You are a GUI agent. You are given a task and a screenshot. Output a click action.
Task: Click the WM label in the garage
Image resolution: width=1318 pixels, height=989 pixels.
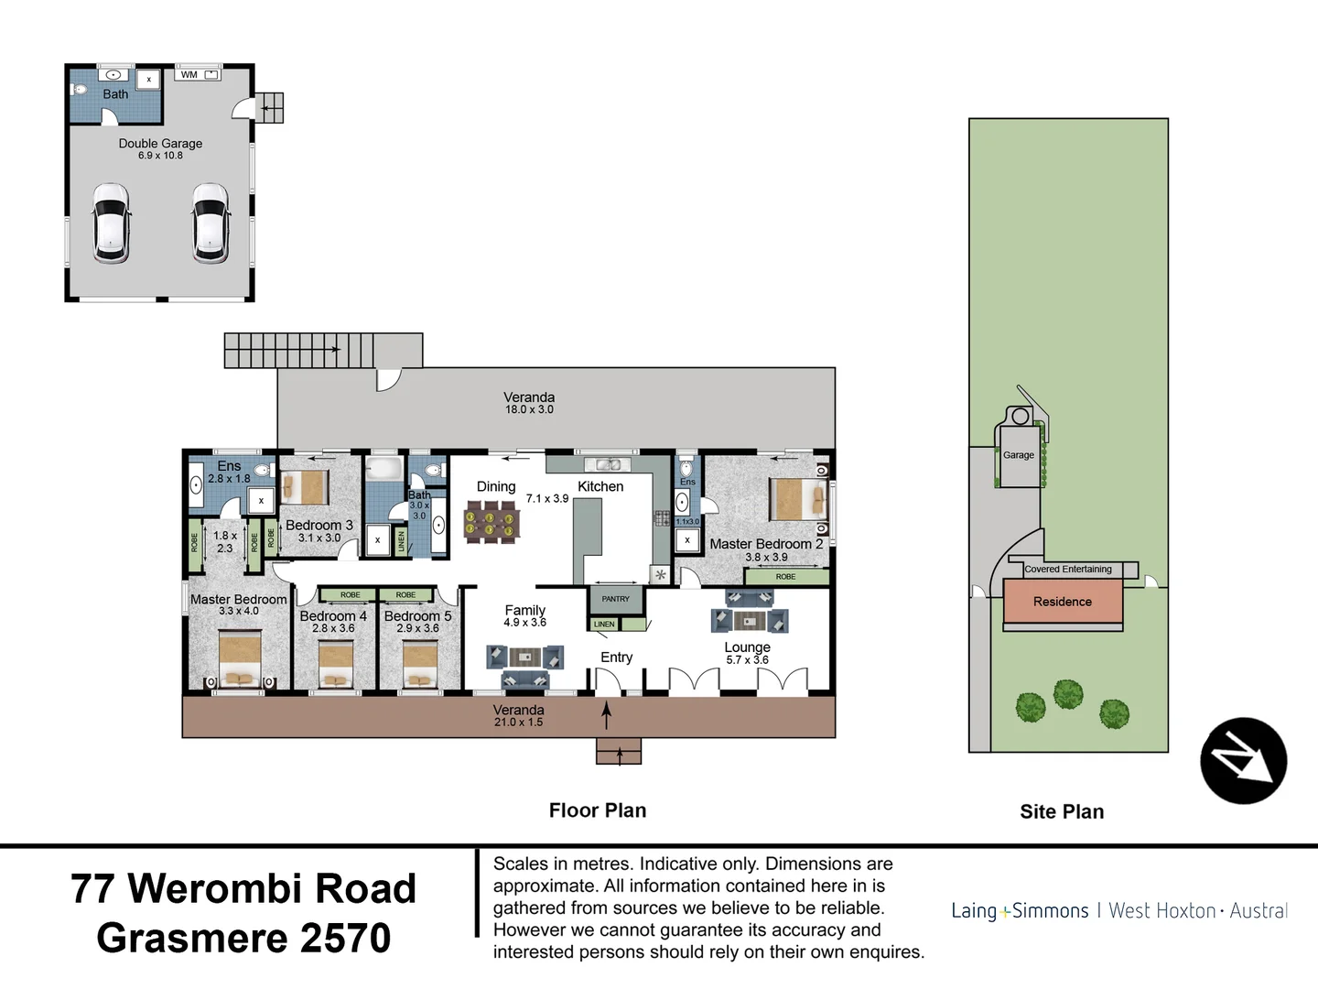189,75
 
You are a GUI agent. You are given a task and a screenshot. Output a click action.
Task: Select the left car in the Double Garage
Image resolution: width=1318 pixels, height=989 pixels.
111,223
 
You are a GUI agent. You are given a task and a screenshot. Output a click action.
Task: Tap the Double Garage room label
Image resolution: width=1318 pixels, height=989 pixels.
160,144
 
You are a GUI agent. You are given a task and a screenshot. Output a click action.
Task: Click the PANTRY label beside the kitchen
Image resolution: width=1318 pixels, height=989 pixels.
615,599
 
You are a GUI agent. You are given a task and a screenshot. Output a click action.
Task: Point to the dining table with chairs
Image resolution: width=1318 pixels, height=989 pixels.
492,522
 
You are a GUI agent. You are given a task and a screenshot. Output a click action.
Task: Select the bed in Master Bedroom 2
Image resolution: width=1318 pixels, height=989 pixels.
790,499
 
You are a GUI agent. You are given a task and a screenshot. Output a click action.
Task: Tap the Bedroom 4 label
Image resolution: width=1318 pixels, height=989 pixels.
333,616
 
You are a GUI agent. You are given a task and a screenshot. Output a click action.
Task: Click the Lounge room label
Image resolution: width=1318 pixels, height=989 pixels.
747,647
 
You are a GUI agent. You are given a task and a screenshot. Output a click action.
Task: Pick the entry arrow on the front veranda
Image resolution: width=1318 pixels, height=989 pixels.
606,714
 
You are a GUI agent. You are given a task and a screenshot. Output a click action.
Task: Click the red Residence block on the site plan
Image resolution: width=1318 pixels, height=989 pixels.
1063,602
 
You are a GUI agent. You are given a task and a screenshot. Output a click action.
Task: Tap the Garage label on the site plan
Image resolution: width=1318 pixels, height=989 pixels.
1018,455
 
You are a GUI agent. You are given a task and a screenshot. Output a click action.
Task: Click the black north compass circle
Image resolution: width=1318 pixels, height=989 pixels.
1243,761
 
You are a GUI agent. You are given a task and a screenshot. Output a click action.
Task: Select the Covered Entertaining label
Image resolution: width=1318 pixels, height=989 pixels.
1068,570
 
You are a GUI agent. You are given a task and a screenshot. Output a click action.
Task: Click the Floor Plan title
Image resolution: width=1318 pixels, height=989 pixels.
598,810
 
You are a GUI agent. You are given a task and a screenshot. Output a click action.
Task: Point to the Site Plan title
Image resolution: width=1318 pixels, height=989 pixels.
1062,811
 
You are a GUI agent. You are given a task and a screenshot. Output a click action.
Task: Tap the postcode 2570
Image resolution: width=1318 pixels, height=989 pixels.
345,938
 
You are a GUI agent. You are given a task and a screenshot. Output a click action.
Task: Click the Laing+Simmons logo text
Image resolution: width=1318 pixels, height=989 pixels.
1020,911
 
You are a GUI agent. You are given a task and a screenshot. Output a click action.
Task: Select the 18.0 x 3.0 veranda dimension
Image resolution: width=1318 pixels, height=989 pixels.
529,410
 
